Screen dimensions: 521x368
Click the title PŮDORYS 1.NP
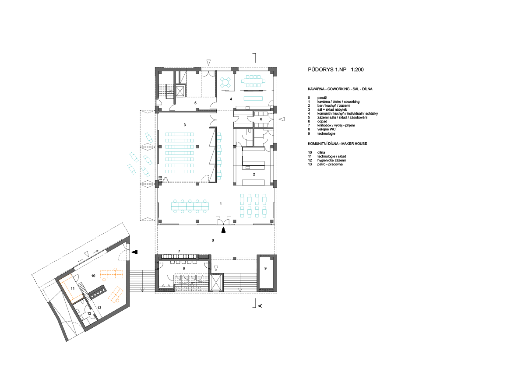327,70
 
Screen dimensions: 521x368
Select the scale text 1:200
357,70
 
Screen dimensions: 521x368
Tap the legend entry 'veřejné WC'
326,129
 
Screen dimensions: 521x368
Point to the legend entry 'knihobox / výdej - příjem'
336,125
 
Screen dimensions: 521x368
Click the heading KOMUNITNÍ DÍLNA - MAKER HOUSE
337,144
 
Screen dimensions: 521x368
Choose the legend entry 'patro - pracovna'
330,165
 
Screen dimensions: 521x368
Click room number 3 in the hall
185,125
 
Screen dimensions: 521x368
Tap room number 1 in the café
221,203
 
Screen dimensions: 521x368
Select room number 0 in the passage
213,240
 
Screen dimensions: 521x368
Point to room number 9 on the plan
265,268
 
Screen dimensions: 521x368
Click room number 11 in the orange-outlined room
72,289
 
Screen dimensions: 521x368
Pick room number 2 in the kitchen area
254,174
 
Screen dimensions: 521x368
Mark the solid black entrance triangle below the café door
223,229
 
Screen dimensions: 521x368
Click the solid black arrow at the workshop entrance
134,252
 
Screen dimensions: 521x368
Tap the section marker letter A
260,305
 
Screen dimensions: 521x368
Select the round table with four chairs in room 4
226,82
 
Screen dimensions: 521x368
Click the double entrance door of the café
223,221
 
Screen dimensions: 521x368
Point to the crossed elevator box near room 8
216,283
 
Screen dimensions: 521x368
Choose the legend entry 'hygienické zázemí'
331,161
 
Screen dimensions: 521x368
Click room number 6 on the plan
261,119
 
